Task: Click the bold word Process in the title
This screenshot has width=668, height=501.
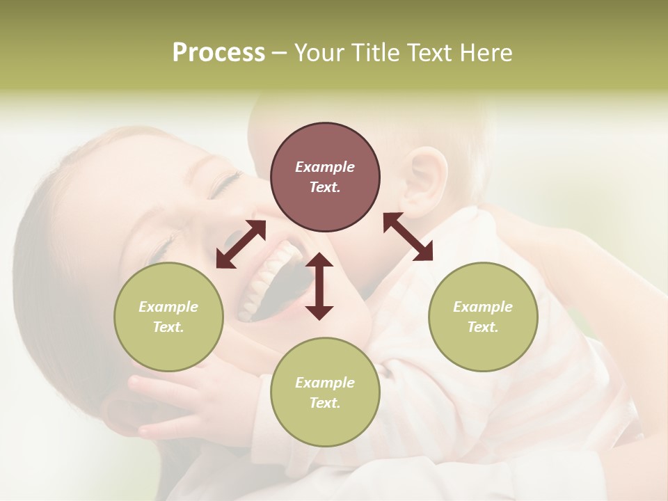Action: tap(218, 53)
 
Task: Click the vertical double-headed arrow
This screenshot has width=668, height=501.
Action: tap(319, 286)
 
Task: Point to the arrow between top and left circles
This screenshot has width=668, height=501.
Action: tap(241, 244)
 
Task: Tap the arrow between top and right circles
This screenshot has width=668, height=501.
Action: tap(408, 237)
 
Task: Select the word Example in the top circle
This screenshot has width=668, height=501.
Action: tap(325, 167)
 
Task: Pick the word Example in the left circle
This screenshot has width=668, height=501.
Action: tap(168, 307)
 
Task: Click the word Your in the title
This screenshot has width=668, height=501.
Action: tap(317, 53)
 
